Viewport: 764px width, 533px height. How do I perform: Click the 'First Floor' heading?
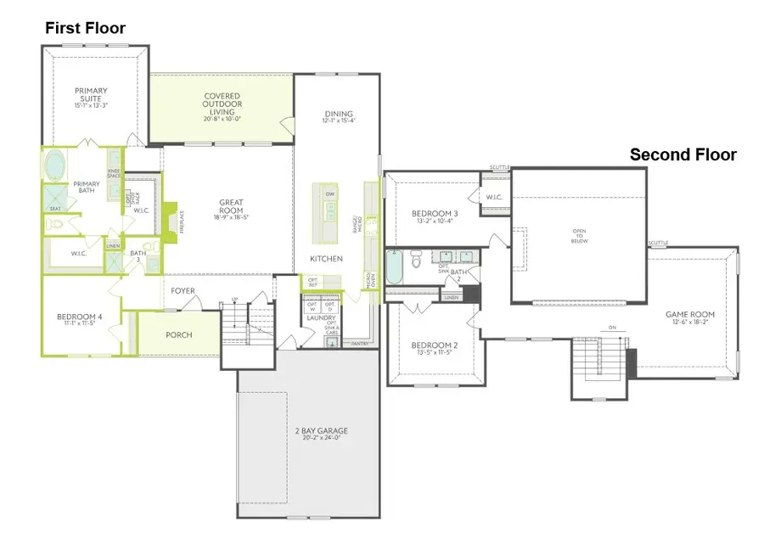84,28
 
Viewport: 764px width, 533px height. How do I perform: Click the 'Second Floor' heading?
683,154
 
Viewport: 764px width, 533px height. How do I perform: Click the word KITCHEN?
326,258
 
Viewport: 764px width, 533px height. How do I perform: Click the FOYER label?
183,291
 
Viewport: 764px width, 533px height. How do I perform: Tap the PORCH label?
179,335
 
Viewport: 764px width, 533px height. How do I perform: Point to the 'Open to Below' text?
579,233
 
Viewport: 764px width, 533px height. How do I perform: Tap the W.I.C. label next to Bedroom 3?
495,199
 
